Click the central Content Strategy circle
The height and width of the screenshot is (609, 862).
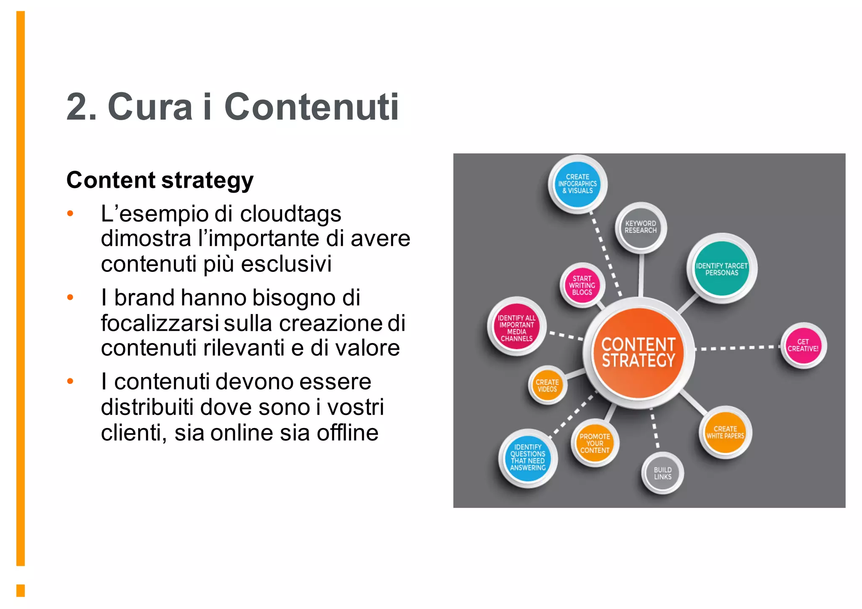point(639,353)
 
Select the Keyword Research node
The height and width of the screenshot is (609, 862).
point(641,227)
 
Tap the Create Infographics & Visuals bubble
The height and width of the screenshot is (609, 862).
point(577,184)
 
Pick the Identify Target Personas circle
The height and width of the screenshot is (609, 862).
point(722,269)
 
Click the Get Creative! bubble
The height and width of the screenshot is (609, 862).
point(803,346)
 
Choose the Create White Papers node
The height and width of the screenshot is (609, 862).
point(725,433)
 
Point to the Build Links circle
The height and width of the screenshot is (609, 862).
point(662,473)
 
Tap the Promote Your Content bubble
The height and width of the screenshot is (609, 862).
point(595,444)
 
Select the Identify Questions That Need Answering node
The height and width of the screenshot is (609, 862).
point(528,457)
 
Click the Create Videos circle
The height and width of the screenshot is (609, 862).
point(547,386)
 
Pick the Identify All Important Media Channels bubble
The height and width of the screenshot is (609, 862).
point(516,328)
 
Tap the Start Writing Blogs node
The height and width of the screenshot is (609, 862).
point(582,285)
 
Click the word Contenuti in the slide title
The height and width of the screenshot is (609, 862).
point(311,107)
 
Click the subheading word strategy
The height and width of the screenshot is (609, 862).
point(207,181)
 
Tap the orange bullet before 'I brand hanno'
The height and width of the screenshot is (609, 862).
point(70,298)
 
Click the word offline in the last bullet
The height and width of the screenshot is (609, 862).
point(347,433)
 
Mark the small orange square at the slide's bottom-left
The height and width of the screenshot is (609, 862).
point(21,590)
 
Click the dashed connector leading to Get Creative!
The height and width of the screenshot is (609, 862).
point(737,348)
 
